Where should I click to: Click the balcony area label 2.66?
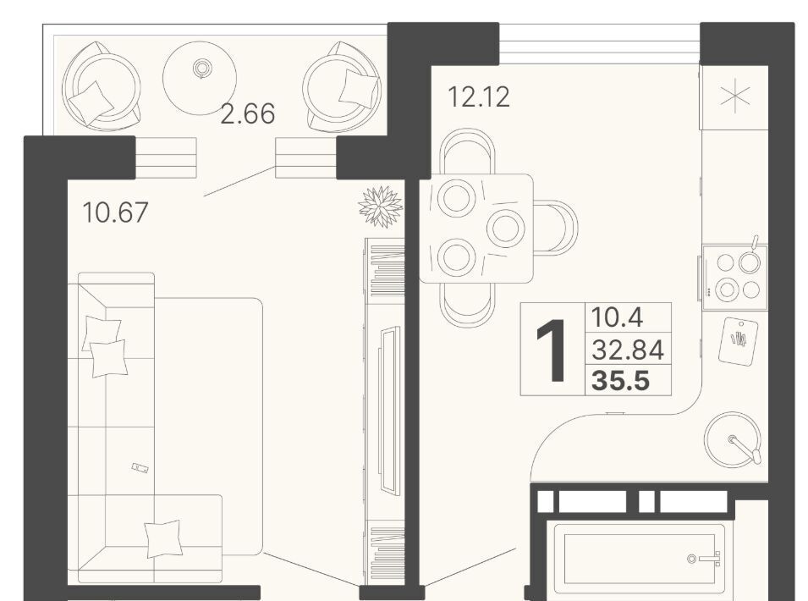click(x=247, y=114)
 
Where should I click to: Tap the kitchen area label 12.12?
click(x=479, y=96)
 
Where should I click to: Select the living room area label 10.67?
click(x=115, y=212)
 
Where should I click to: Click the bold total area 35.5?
click(x=621, y=382)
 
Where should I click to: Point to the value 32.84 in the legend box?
click(x=628, y=350)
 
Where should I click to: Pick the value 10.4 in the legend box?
click(x=617, y=317)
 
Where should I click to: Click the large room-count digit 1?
click(x=552, y=350)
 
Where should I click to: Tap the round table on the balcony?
click(x=200, y=78)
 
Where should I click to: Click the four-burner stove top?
click(x=735, y=278)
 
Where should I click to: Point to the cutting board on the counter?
click(x=739, y=341)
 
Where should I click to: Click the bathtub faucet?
click(x=704, y=559)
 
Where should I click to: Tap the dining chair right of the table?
click(x=556, y=228)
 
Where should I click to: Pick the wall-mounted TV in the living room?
click(x=388, y=410)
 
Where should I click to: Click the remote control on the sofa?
click(x=140, y=467)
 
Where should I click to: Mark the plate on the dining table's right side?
click(x=506, y=228)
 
